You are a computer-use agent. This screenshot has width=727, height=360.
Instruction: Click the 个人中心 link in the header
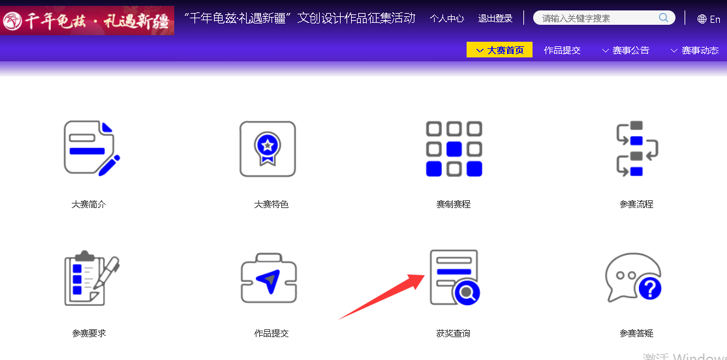446,18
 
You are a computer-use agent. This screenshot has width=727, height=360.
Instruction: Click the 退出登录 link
495,18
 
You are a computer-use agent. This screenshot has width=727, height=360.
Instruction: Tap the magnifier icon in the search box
664,18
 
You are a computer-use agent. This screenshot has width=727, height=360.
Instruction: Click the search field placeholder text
576,18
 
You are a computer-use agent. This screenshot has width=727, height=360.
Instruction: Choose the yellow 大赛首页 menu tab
499,50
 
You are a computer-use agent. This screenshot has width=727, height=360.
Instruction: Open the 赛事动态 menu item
694,50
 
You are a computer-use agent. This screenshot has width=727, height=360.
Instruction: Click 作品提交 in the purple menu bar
562,50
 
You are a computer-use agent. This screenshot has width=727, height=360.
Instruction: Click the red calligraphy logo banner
87,20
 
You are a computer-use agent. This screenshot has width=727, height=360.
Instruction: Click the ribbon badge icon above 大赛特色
268,149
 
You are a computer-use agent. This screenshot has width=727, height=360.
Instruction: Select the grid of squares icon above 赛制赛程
454,149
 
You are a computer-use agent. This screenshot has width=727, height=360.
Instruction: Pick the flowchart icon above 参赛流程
636,149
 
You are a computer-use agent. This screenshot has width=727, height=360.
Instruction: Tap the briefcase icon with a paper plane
269,278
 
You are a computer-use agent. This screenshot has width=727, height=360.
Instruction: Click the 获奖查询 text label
454,333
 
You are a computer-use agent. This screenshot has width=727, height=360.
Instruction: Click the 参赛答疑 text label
636,333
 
